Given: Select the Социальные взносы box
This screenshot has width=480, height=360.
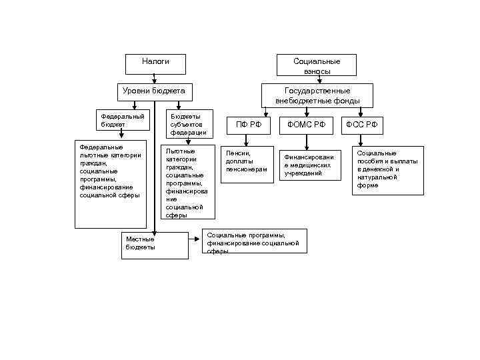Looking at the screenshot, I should point(317,65).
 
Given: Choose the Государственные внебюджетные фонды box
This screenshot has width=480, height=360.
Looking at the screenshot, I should point(317,95).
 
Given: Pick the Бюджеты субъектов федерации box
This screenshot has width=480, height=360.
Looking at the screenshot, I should point(188,123).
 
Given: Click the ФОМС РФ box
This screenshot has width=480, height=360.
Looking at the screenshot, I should point(307,125).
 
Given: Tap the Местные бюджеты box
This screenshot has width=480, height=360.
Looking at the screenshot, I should point(155,244).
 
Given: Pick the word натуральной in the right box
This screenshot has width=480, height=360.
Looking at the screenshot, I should point(378,177).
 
